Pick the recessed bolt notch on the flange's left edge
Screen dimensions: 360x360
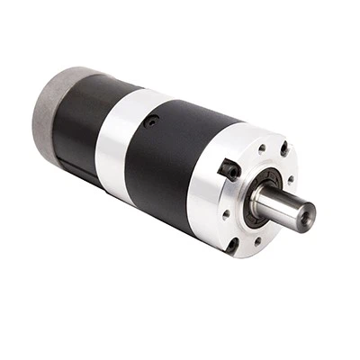tap(229, 169)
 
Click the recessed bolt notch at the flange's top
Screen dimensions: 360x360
tap(284, 148)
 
